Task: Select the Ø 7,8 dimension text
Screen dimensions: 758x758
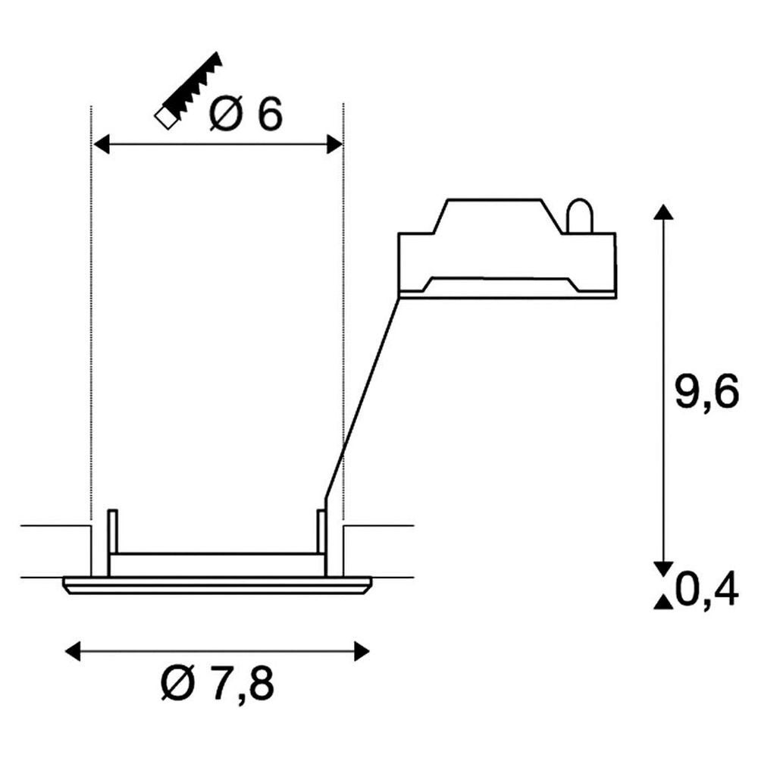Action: click(x=218, y=684)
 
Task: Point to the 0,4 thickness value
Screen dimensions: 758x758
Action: click(x=706, y=590)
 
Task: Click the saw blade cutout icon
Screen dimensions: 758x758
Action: click(x=187, y=90)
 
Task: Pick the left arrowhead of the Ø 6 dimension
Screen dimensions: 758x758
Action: click(x=101, y=144)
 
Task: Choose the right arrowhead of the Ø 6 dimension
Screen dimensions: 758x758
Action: click(x=334, y=144)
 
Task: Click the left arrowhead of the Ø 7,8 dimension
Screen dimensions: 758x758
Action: click(x=73, y=651)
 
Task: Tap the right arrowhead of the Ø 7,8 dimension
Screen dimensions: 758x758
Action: click(x=362, y=651)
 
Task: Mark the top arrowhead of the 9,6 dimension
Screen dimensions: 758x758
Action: click(x=663, y=212)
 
